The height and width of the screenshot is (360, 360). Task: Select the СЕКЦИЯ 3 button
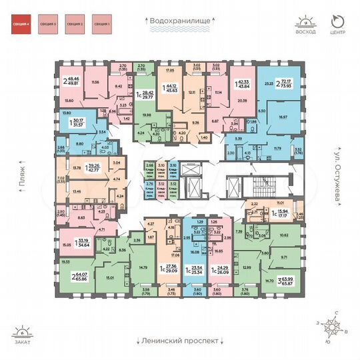point(47,27)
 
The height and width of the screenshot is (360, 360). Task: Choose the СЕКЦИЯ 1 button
point(101,27)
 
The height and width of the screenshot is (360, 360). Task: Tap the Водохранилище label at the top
point(180,21)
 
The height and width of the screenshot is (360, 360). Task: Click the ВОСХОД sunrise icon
point(306,25)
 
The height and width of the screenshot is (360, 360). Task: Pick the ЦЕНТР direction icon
point(338,25)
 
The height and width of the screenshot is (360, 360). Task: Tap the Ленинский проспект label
point(179,340)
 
